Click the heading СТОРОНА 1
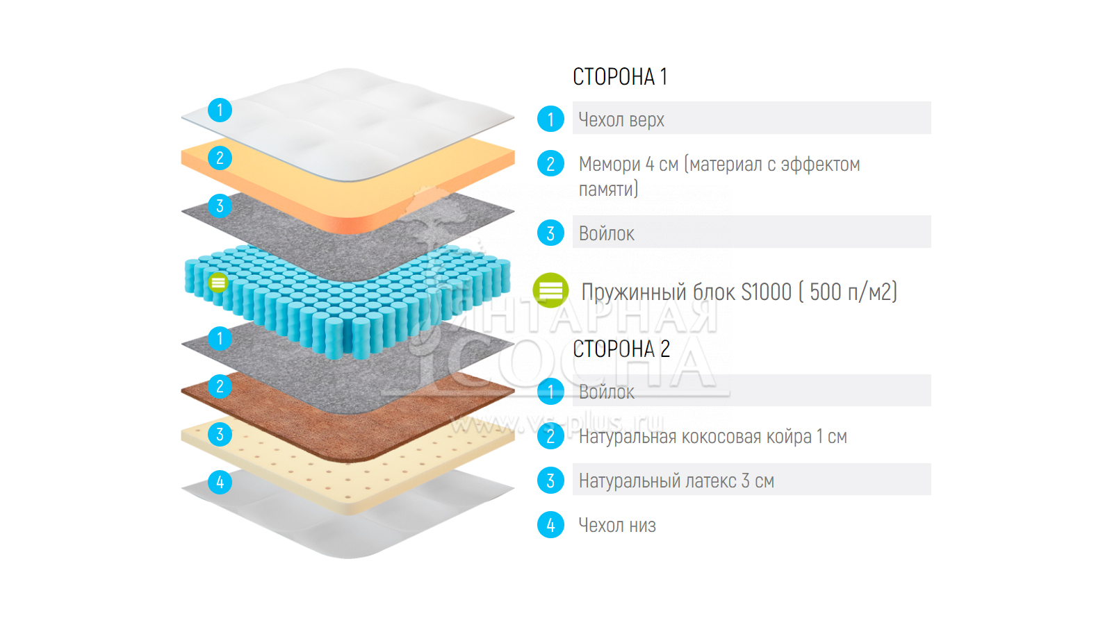point(619,76)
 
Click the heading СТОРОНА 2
point(621,349)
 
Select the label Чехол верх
point(621,119)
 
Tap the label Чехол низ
point(617,525)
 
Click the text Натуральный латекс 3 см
point(676,481)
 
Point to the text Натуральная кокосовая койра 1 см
point(712,436)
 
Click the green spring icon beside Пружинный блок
point(550,290)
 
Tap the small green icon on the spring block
point(218,282)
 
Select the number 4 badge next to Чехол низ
point(550,525)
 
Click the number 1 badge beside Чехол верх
point(550,119)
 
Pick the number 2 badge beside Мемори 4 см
point(550,164)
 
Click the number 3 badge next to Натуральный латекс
point(550,481)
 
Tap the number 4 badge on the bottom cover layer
point(220,482)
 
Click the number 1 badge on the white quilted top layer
point(220,110)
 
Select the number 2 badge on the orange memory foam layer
point(220,158)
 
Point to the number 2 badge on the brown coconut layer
point(220,386)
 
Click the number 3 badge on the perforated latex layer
point(220,434)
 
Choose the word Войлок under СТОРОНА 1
point(606,233)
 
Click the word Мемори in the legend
point(610,164)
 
